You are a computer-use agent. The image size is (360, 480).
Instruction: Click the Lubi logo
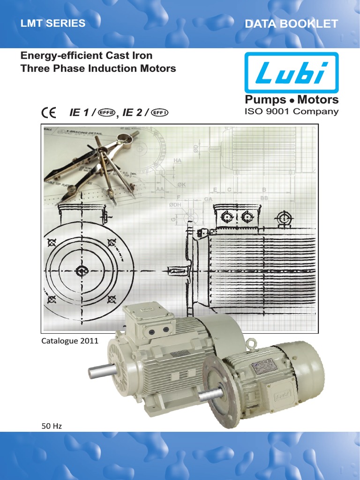291,72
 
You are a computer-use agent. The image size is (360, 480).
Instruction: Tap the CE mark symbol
48,113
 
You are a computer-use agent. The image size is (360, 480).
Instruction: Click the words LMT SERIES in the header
52,23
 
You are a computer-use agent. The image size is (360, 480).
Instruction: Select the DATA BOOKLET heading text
291,24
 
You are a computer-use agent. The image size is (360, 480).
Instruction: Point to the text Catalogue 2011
70,341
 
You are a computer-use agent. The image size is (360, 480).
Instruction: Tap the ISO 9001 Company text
291,112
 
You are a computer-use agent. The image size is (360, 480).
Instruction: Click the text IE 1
80,113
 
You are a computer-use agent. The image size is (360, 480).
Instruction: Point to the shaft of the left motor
101,372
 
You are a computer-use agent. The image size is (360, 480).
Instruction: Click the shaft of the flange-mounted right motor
211,395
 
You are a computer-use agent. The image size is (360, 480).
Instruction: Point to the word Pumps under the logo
265,100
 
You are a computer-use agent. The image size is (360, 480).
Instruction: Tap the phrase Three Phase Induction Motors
98,68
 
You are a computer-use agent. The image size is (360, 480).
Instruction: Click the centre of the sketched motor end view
82,271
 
